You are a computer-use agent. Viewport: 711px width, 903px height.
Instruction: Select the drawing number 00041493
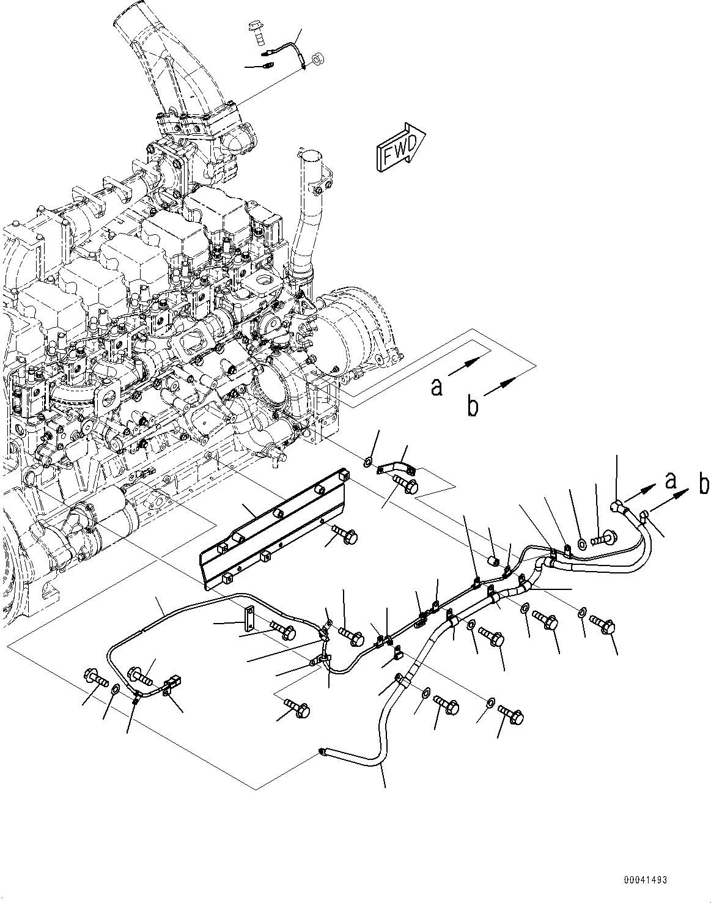(x=645, y=880)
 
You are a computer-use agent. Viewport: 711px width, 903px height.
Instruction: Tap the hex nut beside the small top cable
(x=318, y=60)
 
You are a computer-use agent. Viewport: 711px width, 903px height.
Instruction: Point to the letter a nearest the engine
(x=436, y=386)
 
